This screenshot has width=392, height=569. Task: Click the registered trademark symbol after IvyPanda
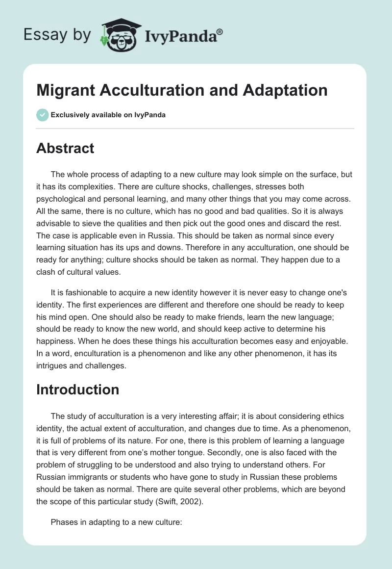click(220, 32)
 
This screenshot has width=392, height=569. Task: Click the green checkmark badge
click(42, 115)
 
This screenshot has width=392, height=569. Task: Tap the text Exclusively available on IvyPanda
click(108, 115)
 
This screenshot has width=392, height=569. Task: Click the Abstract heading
click(65, 148)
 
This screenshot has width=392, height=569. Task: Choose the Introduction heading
click(77, 389)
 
